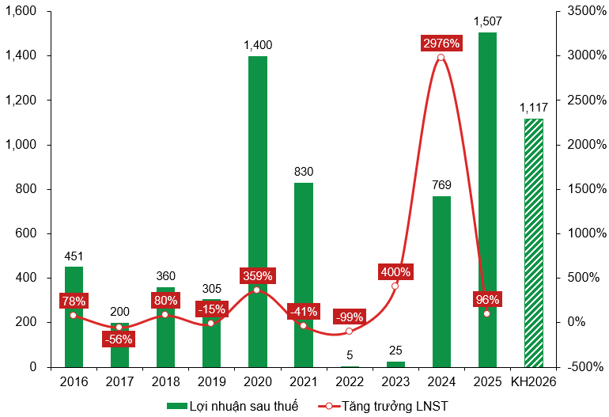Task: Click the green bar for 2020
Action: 258,211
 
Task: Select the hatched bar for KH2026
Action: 534,243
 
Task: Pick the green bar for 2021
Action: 304,275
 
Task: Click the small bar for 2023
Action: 395,364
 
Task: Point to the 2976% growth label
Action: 441,43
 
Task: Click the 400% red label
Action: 395,272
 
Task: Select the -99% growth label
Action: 349,317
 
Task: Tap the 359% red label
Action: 257,276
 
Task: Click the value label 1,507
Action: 487,21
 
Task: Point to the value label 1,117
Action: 534,108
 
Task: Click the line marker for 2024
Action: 441,57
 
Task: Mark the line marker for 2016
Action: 74,315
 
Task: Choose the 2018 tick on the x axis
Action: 165,381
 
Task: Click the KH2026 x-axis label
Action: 534,381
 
